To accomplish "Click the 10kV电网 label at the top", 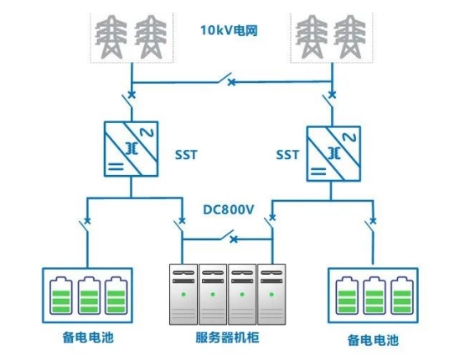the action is tap(229, 30).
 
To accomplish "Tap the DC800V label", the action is tap(229, 210).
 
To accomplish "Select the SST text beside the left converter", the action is tap(186, 155).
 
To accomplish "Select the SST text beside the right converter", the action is tap(287, 155).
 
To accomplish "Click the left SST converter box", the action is tap(131, 149).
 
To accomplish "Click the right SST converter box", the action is tap(333, 154).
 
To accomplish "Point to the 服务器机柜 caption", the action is tap(227, 337).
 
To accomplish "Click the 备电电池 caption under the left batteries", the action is tap(88, 337).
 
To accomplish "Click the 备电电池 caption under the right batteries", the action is tap(373, 340).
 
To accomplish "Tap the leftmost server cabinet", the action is tap(183, 294).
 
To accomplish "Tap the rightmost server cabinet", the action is tap(271, 294).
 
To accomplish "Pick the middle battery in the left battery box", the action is tap(89, 296).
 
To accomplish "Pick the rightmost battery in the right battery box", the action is tap(402, 296).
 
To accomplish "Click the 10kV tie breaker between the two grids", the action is tap(227, 79).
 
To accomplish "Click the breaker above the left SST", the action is tap(130, 98).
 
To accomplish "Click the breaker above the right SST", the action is tap(329, 98).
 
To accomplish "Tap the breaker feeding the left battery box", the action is tap(85, 224).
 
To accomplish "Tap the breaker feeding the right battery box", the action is tap(370, 224).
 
